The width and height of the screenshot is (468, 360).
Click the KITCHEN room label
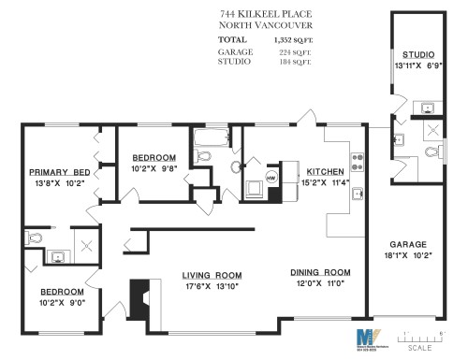click(325, 172)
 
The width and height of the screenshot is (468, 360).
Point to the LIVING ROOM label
click(212, 274)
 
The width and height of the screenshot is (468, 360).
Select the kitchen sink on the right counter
click(357, 194)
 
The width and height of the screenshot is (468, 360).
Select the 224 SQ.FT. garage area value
click(294, 52)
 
